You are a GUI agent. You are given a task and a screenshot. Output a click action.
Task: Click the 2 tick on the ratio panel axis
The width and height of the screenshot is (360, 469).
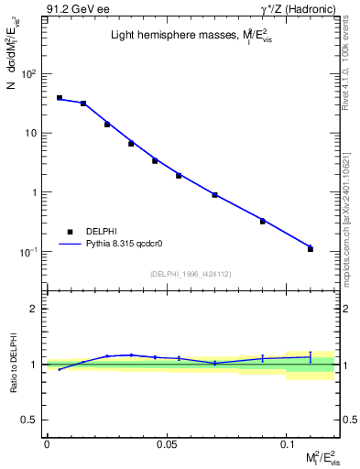coord(35,309)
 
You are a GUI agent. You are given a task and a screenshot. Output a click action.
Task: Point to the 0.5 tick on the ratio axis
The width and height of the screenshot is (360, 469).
coord(31,420)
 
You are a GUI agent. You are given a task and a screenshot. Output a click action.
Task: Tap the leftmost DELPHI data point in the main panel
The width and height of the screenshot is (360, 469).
coord(60,98)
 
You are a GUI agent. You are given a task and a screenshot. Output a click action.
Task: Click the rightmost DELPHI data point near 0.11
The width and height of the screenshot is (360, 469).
coord(311,248)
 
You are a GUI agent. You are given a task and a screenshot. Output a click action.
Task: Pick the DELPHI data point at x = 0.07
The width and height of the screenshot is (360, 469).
coord(214,195)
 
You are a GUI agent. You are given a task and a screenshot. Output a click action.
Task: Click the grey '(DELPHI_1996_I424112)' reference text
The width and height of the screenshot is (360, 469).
coord(191,274)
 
